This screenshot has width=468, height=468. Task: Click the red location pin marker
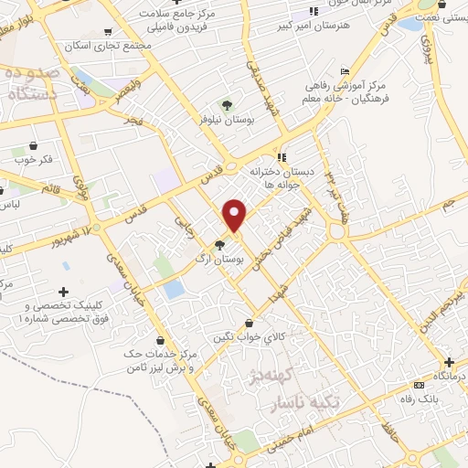click(235, 215)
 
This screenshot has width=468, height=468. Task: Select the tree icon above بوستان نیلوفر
click(227, 102)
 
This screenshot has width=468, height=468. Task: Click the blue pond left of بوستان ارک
click(174, 289)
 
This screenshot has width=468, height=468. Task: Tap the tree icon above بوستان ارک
click(219, 244)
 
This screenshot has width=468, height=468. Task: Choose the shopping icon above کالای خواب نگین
click(249, 322)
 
